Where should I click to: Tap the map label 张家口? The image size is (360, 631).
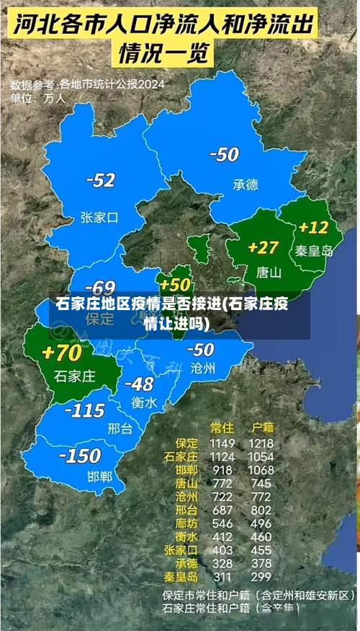(x=99, y=217)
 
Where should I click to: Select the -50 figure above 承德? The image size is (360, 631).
(x=224, y=154)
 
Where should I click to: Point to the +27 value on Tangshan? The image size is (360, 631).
(x=263, y=248)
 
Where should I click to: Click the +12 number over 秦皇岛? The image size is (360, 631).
(x=313, y=228)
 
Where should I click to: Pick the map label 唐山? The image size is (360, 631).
(x=269, y=273)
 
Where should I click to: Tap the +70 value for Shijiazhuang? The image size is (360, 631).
(x=62, y=353)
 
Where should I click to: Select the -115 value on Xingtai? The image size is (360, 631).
(x=85, y=411)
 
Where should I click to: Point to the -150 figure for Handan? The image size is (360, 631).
(x=80, y=455)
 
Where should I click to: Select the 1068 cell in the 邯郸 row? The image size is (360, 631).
(x=261, y=470)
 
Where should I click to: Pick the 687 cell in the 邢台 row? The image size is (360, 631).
(x=222, y=509)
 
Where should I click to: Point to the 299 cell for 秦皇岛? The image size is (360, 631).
(x=261, y=576)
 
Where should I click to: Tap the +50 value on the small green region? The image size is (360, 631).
(x=176, y=285)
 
